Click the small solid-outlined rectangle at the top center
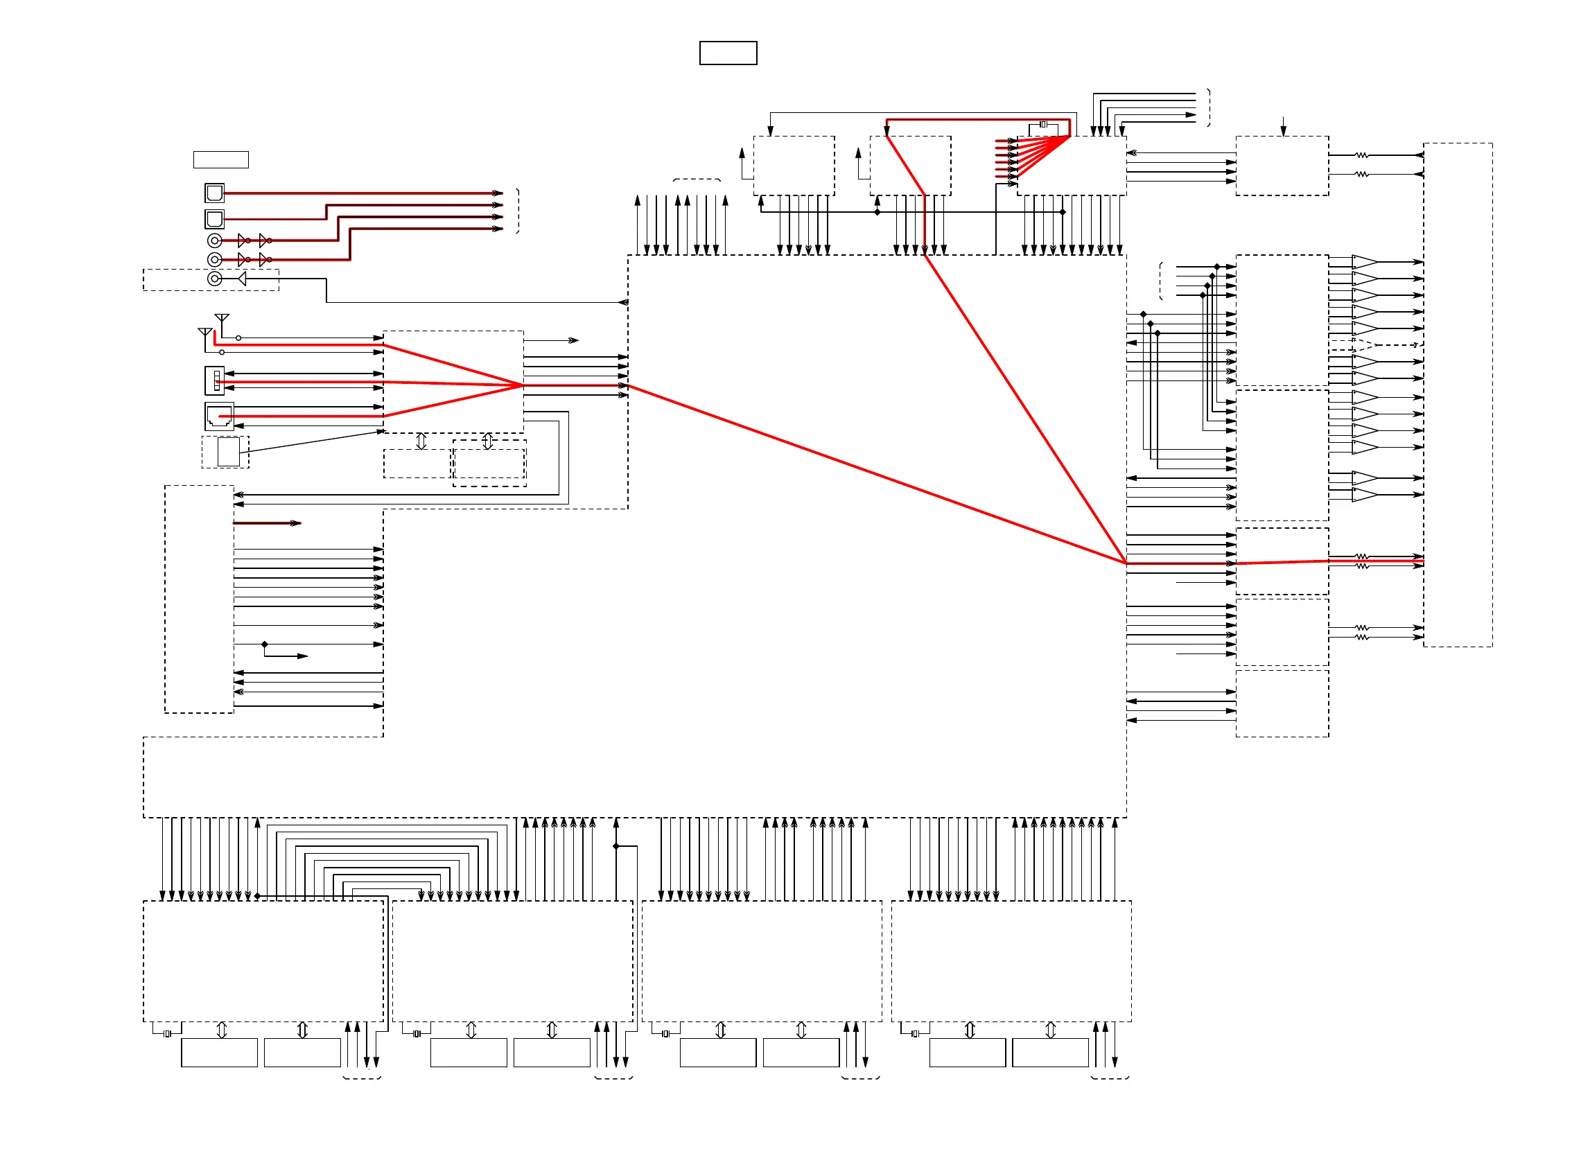[728, 53]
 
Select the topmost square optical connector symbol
[214, 193]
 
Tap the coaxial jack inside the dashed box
[215, 279]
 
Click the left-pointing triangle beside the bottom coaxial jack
[242, 279]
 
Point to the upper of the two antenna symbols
[222, 319]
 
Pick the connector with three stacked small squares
[215, 380]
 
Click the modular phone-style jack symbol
[219, 416]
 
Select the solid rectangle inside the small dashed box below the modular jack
[228, 452]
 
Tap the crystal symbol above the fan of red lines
[1043, 124]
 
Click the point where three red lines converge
[523, 385]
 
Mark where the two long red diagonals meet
[1126, 563]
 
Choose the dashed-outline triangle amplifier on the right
[1364, 344]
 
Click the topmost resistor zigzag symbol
[1361, 155]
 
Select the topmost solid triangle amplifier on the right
[1364, 262]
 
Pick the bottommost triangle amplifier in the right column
[1364, 495]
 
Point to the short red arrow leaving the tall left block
[268, 523]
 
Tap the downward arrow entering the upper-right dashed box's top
[1283, 130]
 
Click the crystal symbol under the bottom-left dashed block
[168, 1034]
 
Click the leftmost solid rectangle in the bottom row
[219, 1053]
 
